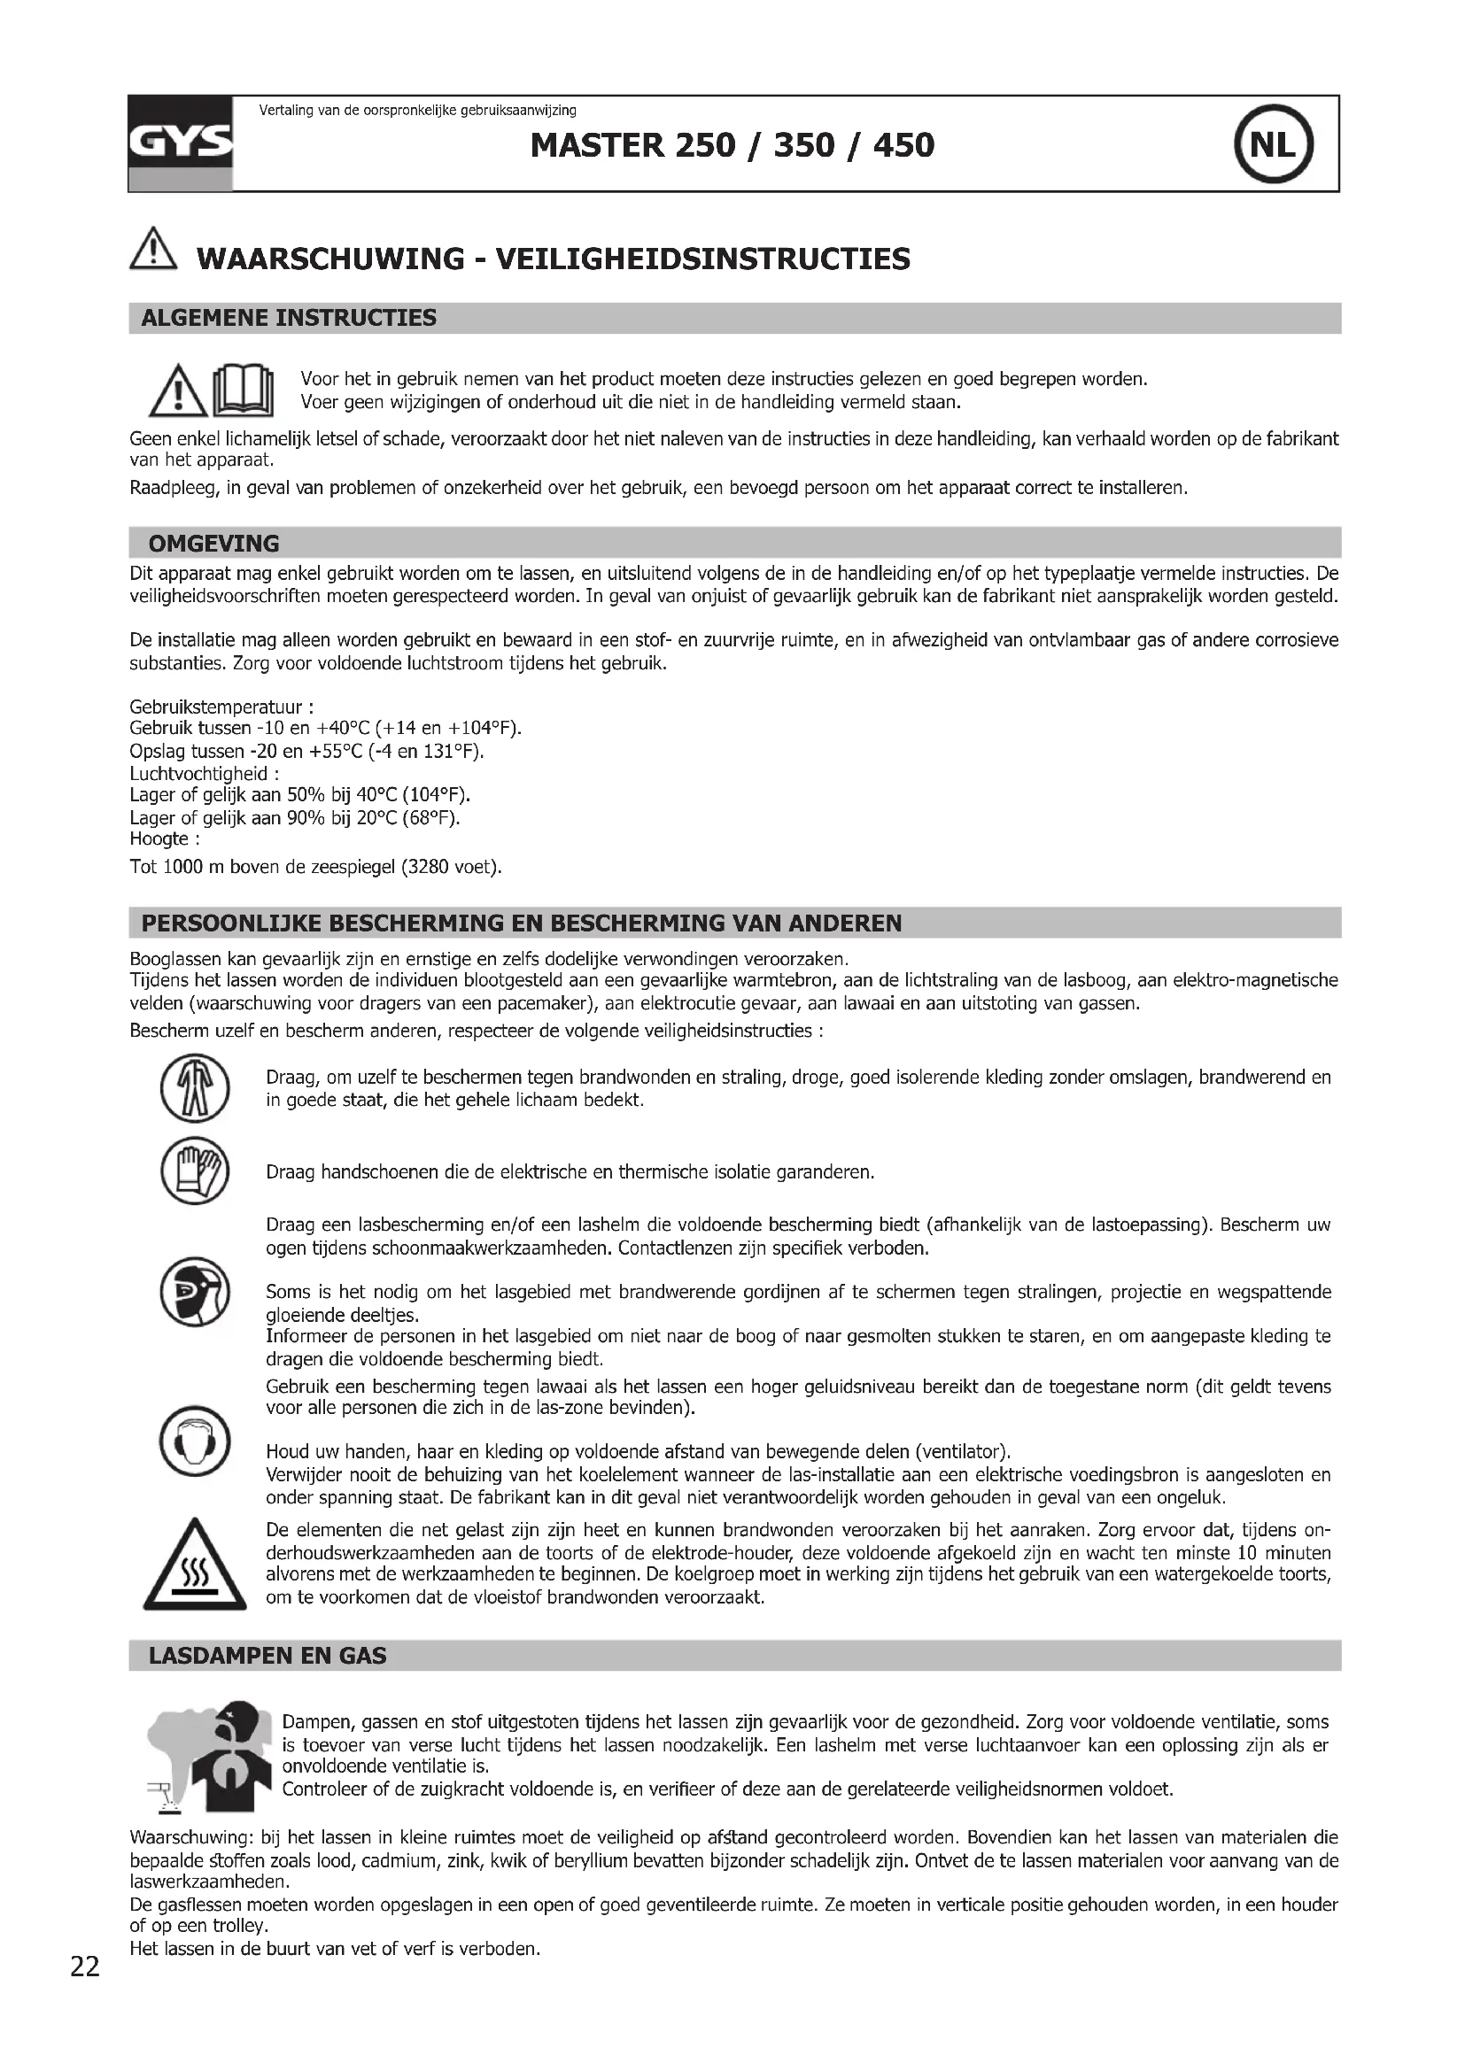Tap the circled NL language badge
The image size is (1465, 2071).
[1273, 144]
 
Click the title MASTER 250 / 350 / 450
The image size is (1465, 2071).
[732, 145]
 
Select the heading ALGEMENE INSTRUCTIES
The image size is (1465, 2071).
[289, 318]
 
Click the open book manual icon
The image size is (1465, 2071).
[243, 390]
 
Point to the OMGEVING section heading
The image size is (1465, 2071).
[213, 543]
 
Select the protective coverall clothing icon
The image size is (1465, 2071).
[195, 1089]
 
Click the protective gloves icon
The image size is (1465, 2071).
[195, 1171]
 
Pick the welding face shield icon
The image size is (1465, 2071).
[195, 1292]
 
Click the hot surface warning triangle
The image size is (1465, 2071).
[195, 1567]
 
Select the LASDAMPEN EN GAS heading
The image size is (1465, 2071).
[267, 1655]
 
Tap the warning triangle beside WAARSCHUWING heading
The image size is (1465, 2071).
[154, 247]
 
